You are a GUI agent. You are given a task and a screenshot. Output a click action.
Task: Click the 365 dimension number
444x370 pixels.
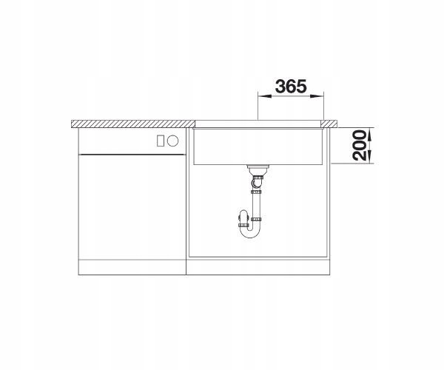pos(291,86)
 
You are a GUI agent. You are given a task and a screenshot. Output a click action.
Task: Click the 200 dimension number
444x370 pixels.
pos(360,145)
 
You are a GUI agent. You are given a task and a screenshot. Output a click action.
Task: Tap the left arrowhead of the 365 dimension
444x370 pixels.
pos(264,96)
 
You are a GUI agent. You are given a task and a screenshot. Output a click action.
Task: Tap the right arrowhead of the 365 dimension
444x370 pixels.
pos(317,96)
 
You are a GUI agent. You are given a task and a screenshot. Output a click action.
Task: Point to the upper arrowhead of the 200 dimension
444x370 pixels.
pos(371,135)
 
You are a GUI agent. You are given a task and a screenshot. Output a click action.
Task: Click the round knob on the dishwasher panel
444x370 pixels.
pos(172,141)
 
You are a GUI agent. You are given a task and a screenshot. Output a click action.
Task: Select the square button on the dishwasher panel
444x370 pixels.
pos(161,141)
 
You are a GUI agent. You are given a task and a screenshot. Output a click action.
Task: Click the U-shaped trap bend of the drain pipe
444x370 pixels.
pos(250,232)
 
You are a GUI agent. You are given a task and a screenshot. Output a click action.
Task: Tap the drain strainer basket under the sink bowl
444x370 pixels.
pos(257,170)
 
